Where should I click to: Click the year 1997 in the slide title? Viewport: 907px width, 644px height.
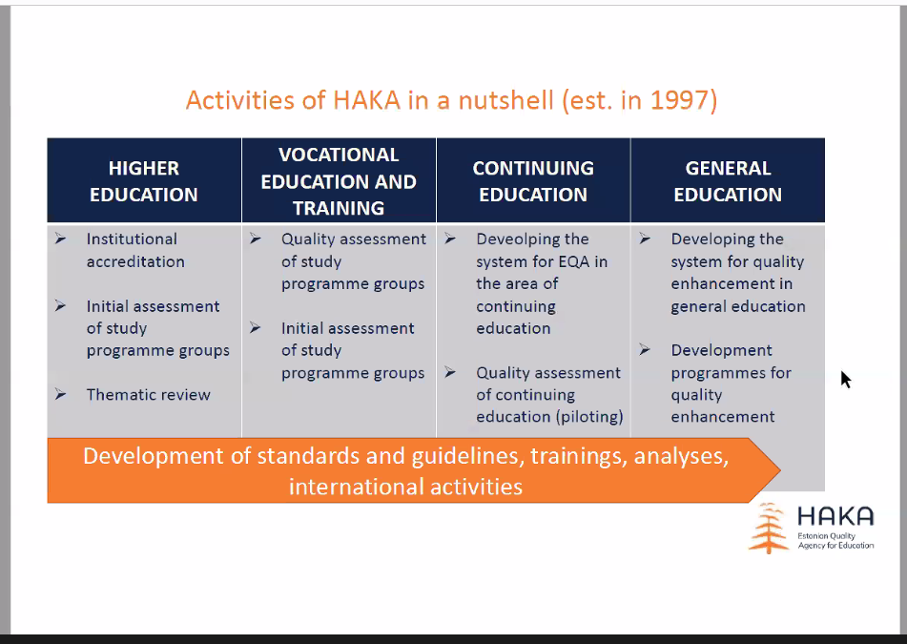[680, 100]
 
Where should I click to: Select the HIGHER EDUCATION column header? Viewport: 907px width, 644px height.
[144, 181]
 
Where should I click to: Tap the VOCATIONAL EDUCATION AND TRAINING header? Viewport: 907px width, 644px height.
[339, 181]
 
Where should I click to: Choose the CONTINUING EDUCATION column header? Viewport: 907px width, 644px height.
[533, 181]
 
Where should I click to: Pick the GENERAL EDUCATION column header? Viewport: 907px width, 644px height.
[728, 181]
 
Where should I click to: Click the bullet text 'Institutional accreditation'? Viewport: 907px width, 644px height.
[135, 250]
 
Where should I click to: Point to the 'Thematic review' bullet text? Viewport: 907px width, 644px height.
[148, 395]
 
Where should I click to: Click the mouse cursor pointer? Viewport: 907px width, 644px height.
[845, 380]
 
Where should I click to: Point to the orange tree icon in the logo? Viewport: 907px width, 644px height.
[768, 528]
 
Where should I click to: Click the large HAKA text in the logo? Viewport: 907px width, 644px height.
[835, 516]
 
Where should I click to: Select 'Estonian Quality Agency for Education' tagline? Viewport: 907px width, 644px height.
[835, 540]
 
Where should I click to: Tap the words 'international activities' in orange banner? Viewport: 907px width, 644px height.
[405, 487]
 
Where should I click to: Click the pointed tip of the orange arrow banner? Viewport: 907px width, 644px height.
[780, 469]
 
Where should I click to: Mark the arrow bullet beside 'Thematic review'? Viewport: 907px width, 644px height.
[61, 395]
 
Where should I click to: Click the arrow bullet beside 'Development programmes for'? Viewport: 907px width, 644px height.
[645, 350]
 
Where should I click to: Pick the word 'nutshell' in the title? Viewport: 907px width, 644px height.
[506, 100]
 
